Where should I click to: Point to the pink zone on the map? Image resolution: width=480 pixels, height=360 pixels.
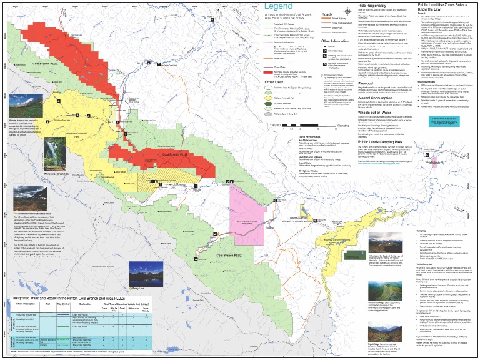(x=250, y=204)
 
